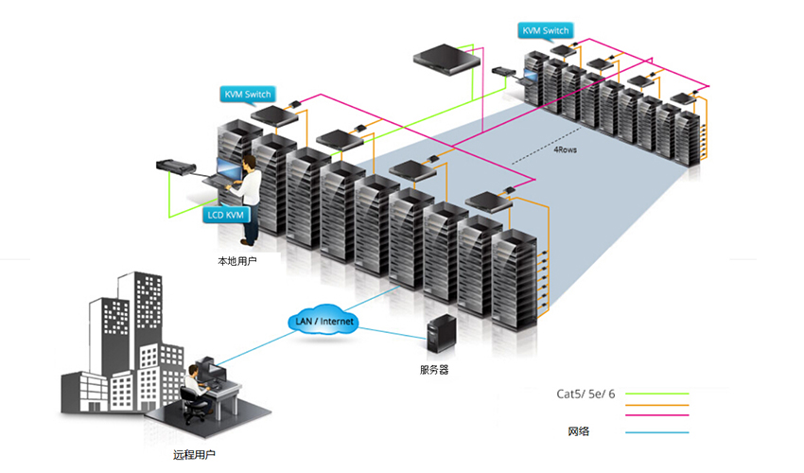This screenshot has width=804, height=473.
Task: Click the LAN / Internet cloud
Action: [324, 322]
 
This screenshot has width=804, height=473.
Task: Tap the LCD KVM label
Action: [227, 215]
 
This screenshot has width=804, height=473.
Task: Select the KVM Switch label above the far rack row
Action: [546, 30]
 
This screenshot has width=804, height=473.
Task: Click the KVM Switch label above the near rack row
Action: [248, 94]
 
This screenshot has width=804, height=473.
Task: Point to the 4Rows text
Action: [566, 149]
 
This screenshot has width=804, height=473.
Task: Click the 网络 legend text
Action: [580, 432]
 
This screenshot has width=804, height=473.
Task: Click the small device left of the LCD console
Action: [176, 167]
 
